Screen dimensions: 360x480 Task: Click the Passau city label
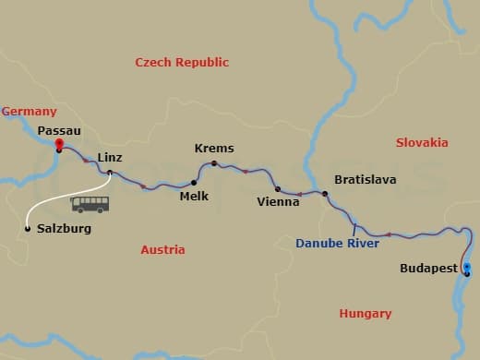coord(59,131)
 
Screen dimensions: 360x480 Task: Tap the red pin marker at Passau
coord(58,144)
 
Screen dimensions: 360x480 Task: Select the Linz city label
coord(110,157)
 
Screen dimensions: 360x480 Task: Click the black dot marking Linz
coord(110,173)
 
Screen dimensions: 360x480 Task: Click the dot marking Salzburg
coord(28,229)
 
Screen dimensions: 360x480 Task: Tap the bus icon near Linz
coord(90,204)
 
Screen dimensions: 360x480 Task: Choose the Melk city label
coord(195,196)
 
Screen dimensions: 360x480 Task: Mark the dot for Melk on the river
coord(194,182)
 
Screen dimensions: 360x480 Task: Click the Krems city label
coord(214,149)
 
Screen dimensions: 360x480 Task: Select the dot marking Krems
coord(213,164)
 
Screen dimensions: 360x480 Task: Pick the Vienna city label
coord(278,201)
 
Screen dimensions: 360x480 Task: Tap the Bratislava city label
coord(365,179)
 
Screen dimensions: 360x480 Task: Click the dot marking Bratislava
coord(325,193)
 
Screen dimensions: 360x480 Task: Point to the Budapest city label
coord(429,269)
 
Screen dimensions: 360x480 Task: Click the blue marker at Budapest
coord(467,269)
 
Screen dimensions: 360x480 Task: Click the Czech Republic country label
coord(182,63)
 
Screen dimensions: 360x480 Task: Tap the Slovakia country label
coord(422,143)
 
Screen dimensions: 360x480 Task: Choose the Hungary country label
coord(366,314)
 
